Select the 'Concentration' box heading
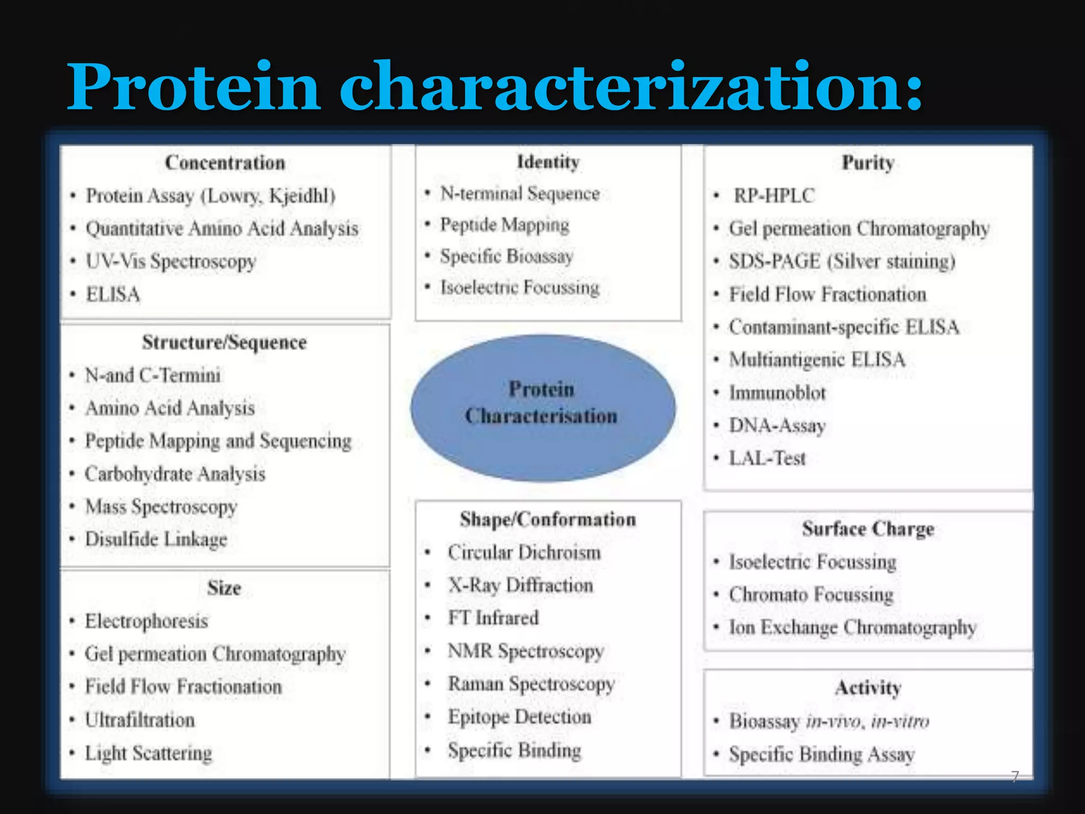(225, 163)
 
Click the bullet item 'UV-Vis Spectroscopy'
(171, 261)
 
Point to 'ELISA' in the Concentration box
(113, 294)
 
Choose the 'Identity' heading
(548, 162)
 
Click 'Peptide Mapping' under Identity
(504, 225)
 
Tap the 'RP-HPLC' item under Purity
(773, 196)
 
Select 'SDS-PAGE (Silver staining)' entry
(842, 261)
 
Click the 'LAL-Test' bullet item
(767, 458)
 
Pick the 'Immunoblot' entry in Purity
(777, 393)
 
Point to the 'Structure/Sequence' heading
(224, 342)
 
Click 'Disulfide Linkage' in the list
(156, 539)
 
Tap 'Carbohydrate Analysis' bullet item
(175, 474)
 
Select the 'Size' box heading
(224, 588)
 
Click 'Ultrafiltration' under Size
(140, 720)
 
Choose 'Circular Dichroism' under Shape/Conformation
(524, 553)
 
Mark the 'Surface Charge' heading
(868, 529)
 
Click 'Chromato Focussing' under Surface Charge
(811, 595)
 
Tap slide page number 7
(1015, 776)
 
